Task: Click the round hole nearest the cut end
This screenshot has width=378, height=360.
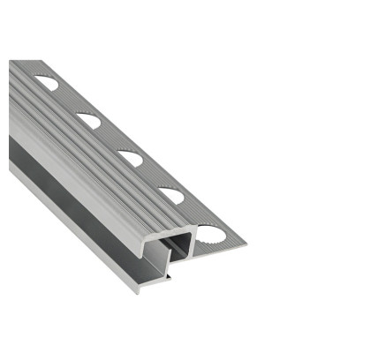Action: point(213,235)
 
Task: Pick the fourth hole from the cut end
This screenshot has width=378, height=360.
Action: point(88,119)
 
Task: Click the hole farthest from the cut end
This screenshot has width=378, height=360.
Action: point(47,84)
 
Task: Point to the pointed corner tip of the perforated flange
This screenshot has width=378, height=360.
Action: point(245,244)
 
